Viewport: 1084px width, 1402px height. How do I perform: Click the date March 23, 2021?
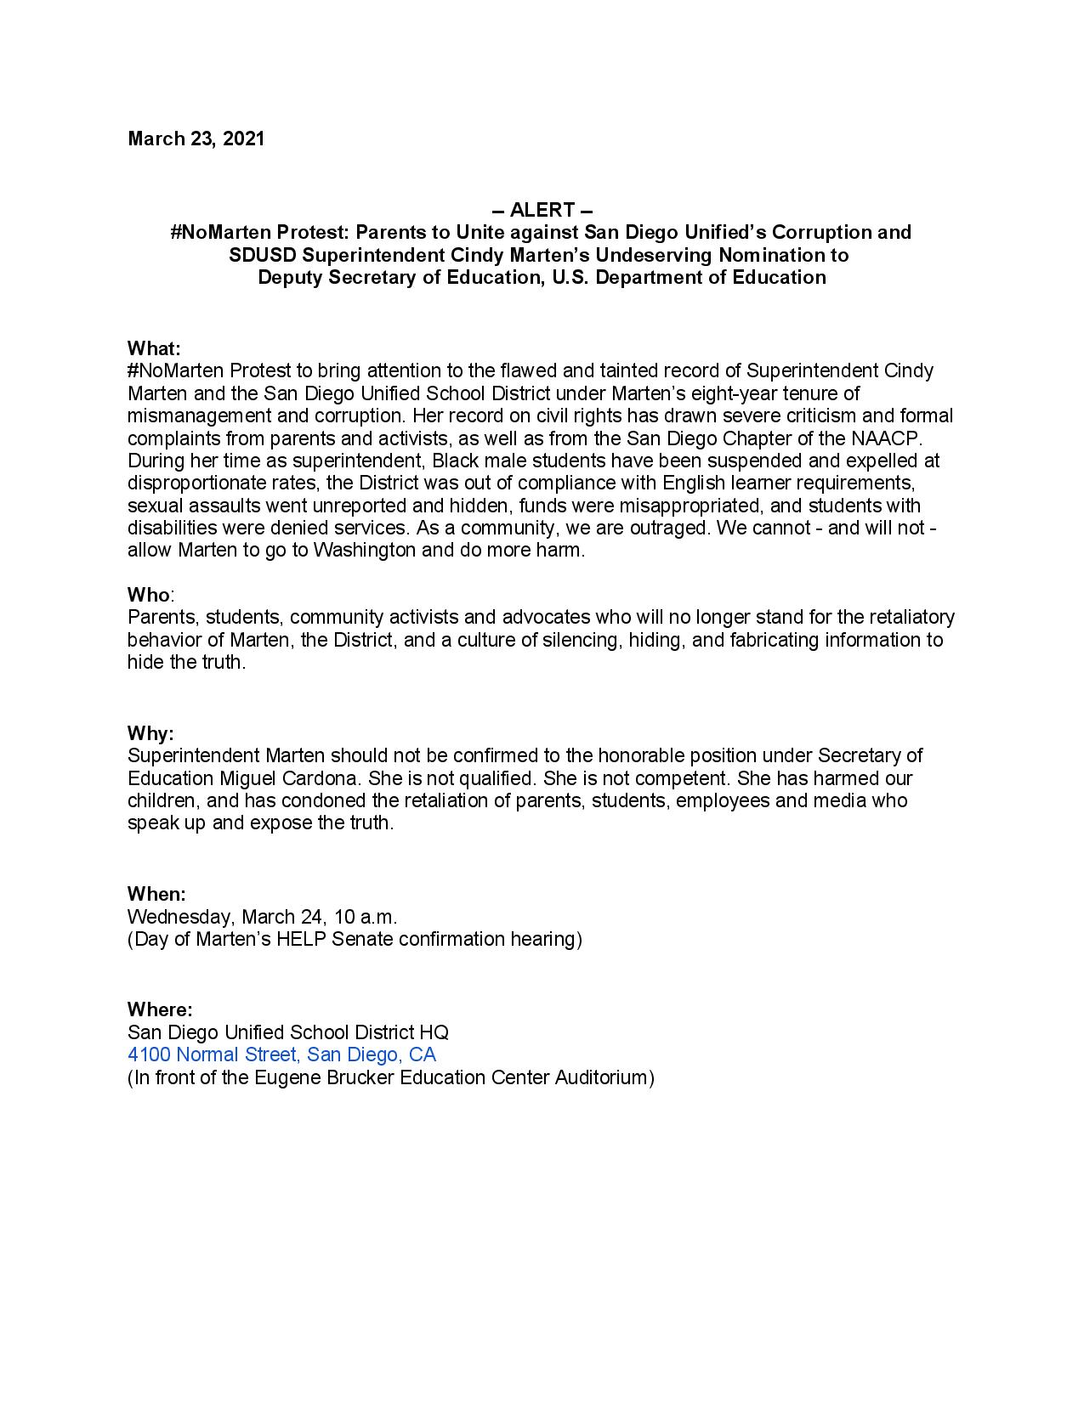coord(196,139)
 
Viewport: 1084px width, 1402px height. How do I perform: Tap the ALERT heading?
coord(542,210)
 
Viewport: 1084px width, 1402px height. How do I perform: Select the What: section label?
coord(154,348)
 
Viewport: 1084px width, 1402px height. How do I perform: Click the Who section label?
coord(149,594)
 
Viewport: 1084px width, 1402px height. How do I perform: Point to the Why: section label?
coord(150,733)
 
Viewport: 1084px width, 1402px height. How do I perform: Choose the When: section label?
coord(156,894)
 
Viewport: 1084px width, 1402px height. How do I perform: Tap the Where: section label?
coord(160,1009)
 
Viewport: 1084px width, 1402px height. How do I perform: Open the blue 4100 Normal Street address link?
coord(281,1054)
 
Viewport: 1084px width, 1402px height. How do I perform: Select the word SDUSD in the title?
coord(259,255)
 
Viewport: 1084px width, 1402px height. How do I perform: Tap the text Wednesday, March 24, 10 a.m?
coord(262,917)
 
